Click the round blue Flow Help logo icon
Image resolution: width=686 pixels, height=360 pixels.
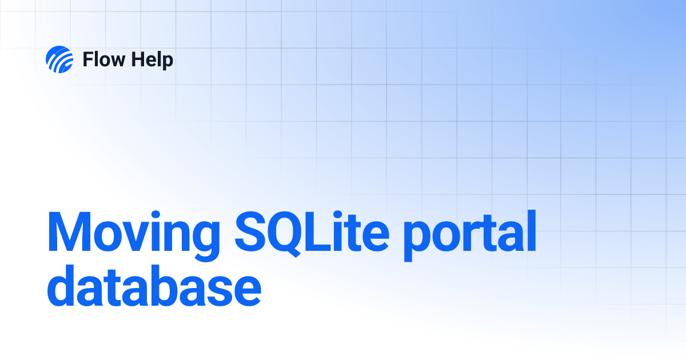tap(59, 59)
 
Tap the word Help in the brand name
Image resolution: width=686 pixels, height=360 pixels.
tap(151, 59)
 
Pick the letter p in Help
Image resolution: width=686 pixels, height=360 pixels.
tap(167, 62)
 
